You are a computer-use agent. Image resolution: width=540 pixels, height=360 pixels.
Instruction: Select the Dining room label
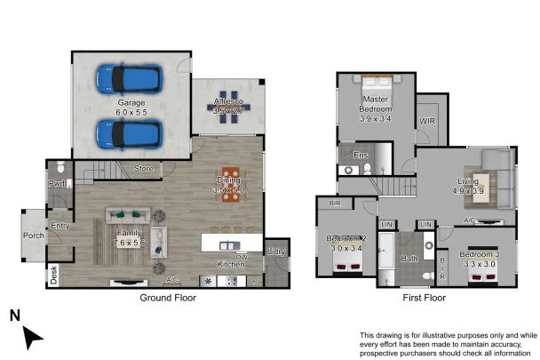click(228, 181)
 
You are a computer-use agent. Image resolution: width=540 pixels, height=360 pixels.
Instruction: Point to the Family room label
click(129, 234)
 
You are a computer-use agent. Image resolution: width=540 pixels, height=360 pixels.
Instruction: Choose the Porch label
click(34, 236)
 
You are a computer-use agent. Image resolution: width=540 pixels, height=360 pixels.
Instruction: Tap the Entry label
click(60, 226)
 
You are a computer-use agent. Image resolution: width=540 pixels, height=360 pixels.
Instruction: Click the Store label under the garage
click(143, 168)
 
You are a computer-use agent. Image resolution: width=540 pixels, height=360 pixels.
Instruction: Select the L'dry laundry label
click(276, 252)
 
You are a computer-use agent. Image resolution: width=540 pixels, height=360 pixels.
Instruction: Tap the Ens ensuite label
click(361, 156)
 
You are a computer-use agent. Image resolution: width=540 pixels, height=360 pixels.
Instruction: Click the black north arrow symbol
click(32, 335)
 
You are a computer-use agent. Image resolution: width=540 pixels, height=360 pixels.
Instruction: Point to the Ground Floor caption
click(168, 298)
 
